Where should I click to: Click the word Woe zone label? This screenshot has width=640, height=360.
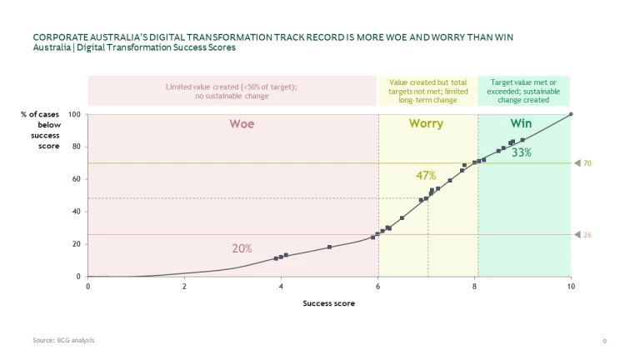pyautogui.click(x=242, y=124)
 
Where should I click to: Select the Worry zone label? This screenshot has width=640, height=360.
pyautogui.click(x=426, y=124)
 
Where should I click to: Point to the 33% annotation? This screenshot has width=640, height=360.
pyautogui.click(x=522, y=152)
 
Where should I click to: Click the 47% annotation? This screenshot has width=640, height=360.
pyautogui.click(x=426, y=176)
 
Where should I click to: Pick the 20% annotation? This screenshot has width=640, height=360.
pyautogui.click(x=242, y=248)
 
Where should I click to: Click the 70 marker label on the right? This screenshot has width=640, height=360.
pyautogui.click(x=587, y=163)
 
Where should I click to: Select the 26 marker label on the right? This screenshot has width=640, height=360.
pyautogui.click(x=587, y=235)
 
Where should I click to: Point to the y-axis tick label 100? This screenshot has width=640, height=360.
pyautogui.click(x=75, y=114)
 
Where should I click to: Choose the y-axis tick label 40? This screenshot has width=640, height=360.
pyautogui.click(x=77, y=212)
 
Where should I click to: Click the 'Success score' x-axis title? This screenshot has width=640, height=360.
pyautogui.click(x=328, y=303)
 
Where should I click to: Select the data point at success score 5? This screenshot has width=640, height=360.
pyautogui.click(x=330, y=247)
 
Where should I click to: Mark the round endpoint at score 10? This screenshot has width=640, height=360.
pyautogui.click(x=571, y=114)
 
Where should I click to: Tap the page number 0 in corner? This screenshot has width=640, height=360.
pyautogui.click(x=604, y=342)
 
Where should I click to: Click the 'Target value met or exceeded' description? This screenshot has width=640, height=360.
pyautogui.click(x=524, y=91)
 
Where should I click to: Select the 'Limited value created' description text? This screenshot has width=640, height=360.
pyautogui.click(x=232, y=91)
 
